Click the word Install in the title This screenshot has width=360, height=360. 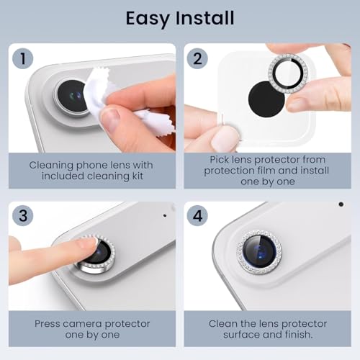pos(205,18)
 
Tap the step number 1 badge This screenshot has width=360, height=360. pos(23,58)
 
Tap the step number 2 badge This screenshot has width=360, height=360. pos(197,58)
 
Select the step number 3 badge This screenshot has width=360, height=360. pos(23,215)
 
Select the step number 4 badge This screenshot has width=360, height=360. pos(197,215)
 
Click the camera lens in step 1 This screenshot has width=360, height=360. pos(72,96)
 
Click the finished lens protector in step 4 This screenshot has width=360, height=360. pos(258,252)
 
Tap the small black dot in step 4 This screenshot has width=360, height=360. pos(341,204)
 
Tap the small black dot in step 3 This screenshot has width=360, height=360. pos(165,215)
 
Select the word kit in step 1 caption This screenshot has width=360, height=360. pos(138,176)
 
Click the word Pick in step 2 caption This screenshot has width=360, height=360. pos(218,160)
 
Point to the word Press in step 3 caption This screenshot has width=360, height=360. pos(48,324)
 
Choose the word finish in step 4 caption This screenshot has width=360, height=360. pos(299,334)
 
